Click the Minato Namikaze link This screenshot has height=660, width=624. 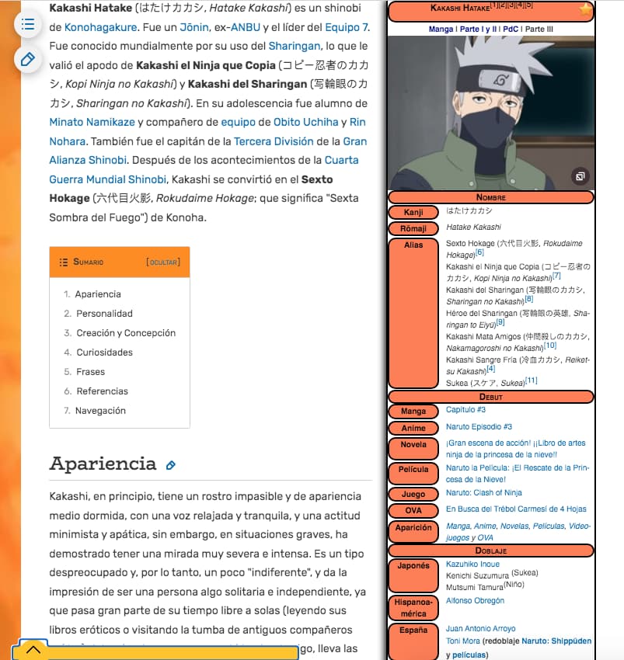point(91,122)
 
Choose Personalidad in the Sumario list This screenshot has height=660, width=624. point(104,314)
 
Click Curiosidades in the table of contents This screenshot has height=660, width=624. point(104,353)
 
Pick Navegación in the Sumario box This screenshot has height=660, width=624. point(100,411)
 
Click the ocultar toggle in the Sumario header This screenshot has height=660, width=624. point(163,262)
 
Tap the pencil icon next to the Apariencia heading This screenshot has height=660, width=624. point(171,465)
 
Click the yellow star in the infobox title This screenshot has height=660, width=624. point(585,9)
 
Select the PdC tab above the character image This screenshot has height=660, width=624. point(511,30)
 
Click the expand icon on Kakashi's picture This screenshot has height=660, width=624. point(580,177)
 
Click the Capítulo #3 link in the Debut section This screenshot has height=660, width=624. point(465,409)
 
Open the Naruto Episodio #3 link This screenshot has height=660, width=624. point(479,427)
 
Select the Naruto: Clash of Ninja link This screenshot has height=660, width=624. point(483,492)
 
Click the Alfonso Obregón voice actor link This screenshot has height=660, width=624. point(475,600)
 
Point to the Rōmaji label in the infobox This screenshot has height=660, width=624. point(413,228)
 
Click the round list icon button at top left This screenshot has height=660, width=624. point(28,24)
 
